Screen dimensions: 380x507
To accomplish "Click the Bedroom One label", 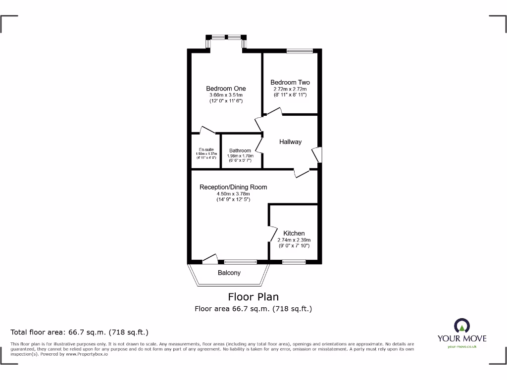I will [226, 89].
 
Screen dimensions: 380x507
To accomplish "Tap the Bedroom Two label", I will [290, 83].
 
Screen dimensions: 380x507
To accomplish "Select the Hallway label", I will [290, 142].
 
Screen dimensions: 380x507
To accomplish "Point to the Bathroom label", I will [240, 151].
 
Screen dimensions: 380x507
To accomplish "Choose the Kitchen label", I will [294, 234].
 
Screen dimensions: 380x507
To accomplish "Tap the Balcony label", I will [229, 273].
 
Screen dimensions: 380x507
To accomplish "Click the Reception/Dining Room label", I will [233, 187].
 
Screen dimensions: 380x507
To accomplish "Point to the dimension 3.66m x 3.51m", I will [226, 95].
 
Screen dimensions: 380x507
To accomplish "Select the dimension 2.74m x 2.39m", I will [294, 240].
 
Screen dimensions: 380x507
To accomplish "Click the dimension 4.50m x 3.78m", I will [233, 193].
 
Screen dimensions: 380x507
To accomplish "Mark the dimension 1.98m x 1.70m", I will [240, 156].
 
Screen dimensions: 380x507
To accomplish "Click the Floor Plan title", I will [253, 297].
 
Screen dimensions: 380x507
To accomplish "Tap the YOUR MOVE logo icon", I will [462, 326].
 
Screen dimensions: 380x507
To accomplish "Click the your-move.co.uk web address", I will [462, 347].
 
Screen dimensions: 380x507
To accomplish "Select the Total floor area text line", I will [80, 332].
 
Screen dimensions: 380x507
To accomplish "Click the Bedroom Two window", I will [300, 50].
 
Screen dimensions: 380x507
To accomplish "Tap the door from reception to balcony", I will [210, 258].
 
